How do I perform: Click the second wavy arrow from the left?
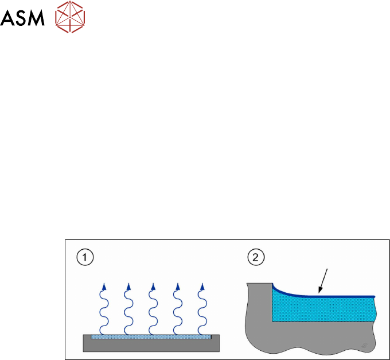(x=127, y=310)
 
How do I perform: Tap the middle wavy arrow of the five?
(x=152, y=310)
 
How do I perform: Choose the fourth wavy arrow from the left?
(x=177, y=310)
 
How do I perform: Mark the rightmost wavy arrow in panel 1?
(x=201, y=310)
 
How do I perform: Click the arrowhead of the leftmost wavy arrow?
(x=104, y=286)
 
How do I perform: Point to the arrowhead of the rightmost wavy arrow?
(x=202, y=286)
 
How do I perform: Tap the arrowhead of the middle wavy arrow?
(x=153, y=286)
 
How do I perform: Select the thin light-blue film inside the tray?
(x=152, y=336)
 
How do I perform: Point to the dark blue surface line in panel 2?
(x=344, y=296)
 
